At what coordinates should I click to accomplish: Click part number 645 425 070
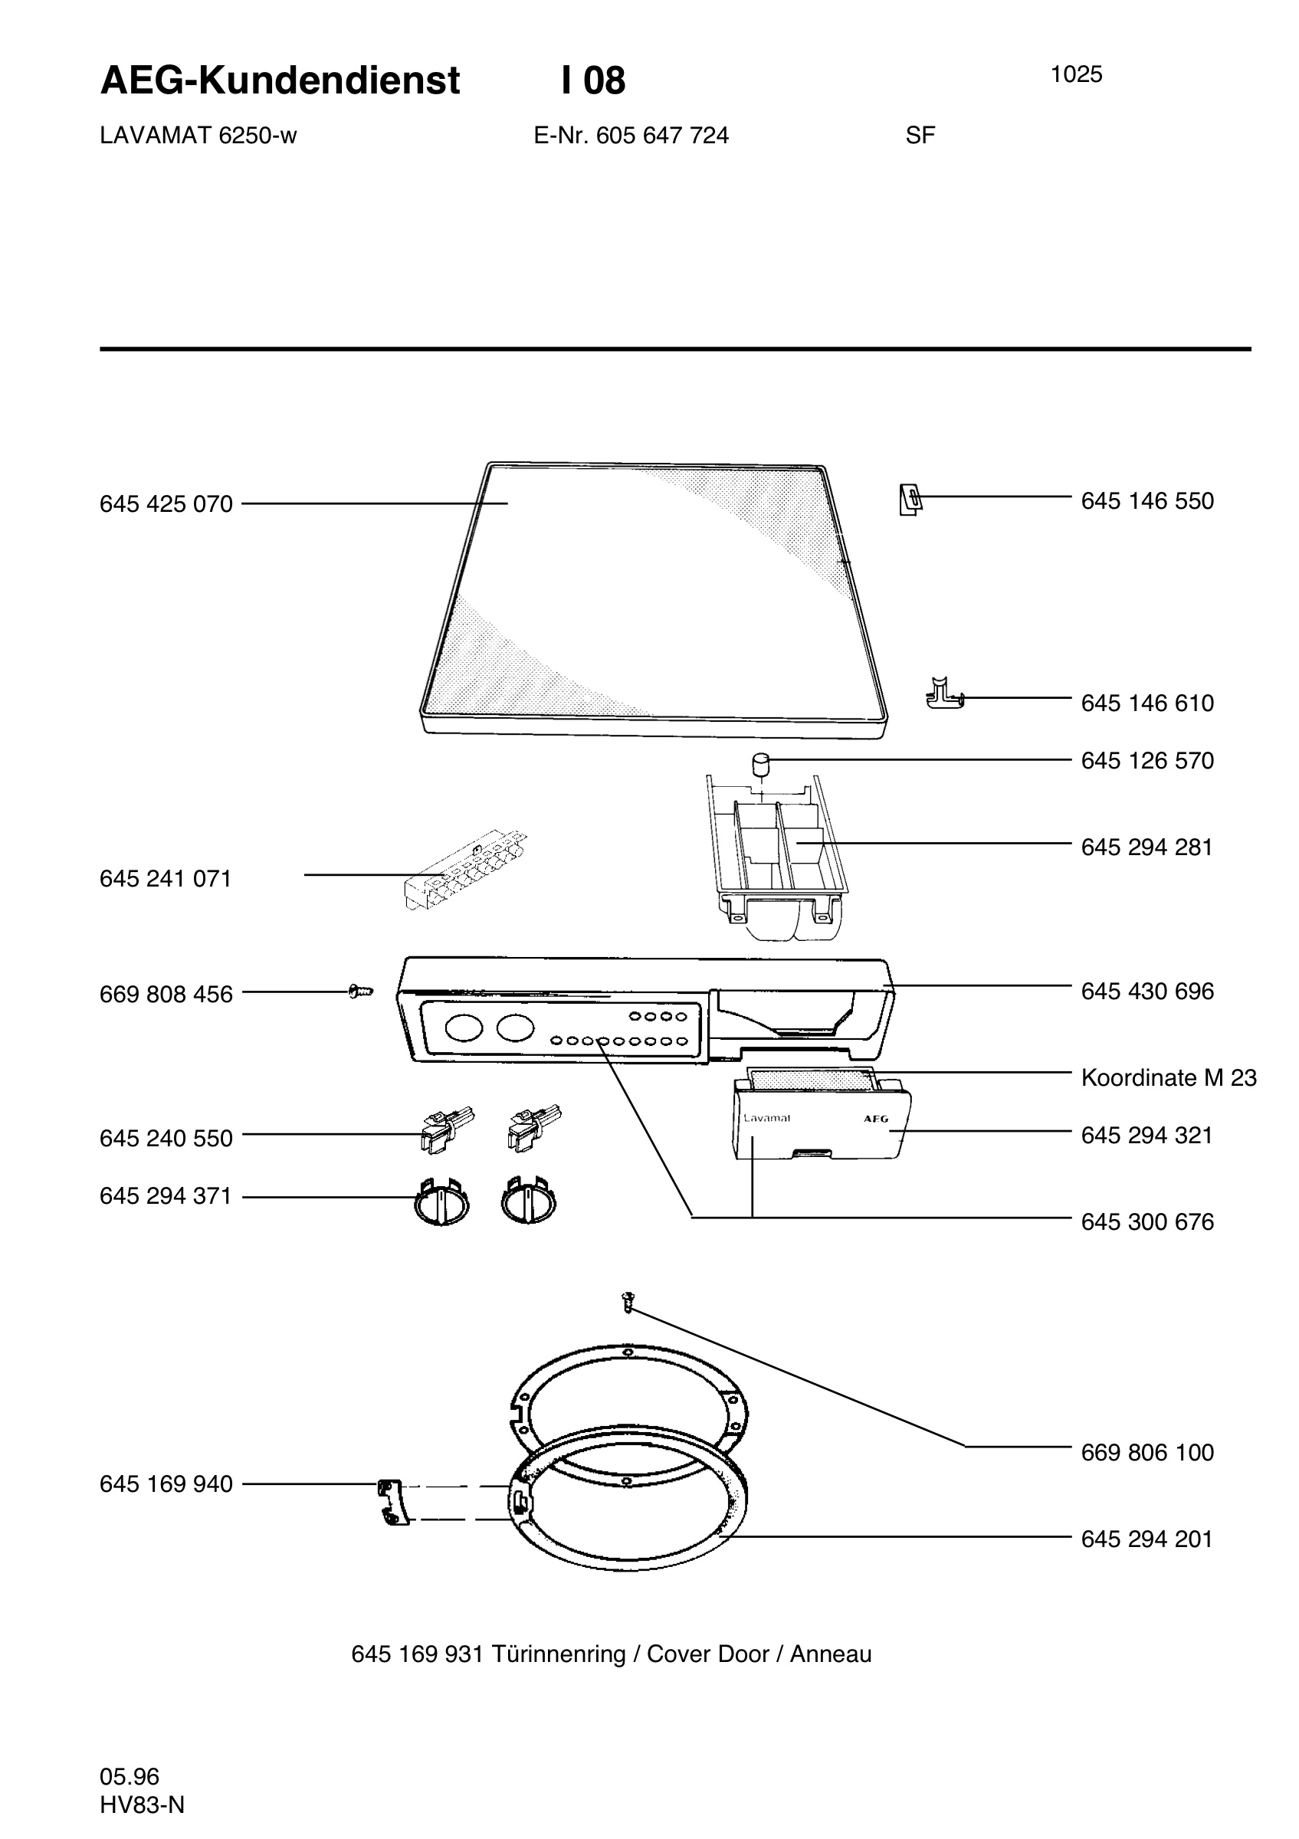pyautogui.click(x=166, y=503)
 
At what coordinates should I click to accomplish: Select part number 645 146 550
pyautogui.click(x=1146, y=500)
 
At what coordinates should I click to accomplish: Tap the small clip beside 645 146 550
pyautogui.click(x=910, y=500)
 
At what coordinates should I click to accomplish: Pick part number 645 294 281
pyautogui.click(x=1146, y=847)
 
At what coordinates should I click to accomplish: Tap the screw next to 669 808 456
pyautogui.click(x=361, y=992)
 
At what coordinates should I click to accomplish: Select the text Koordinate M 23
pyautogui.click(x=1169, y=1077)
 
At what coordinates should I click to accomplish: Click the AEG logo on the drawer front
pyautogui.click(x=875, y=1119)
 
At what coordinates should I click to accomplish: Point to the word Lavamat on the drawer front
pyautogui.click(x=766, y=1118)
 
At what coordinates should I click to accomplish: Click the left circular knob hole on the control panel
pyautogui.click(x=464, y=1028)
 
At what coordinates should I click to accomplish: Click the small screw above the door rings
pyautogui.click(x=628, y=1303)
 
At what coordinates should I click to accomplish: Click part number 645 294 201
pyautogui.click(x=1146, y=1539)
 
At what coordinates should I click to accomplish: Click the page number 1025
pyautogui.click(x=1076, y=74)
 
